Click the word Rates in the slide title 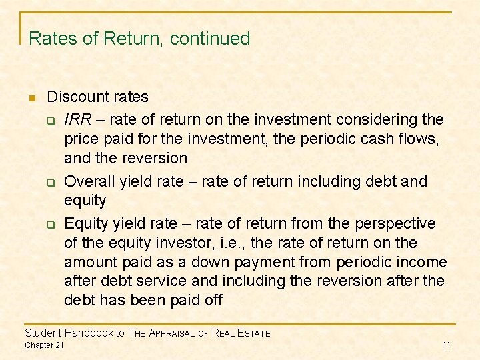coord(53,39)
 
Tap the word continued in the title coord(210,39)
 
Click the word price coord(81,139)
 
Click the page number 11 coord(447,345)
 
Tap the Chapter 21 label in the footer coord(44,345)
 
